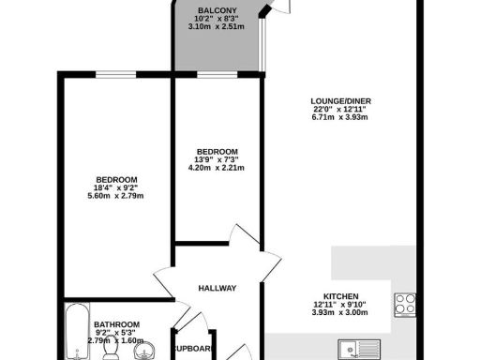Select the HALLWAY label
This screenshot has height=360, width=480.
[217, 288]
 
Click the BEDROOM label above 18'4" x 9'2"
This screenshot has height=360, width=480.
[117, 180]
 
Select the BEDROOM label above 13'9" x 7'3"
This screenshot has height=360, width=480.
[217, 152]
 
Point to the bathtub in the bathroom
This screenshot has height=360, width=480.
[75, 333]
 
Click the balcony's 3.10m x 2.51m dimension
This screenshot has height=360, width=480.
[216, 26]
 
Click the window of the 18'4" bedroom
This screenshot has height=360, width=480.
[117, 74]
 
